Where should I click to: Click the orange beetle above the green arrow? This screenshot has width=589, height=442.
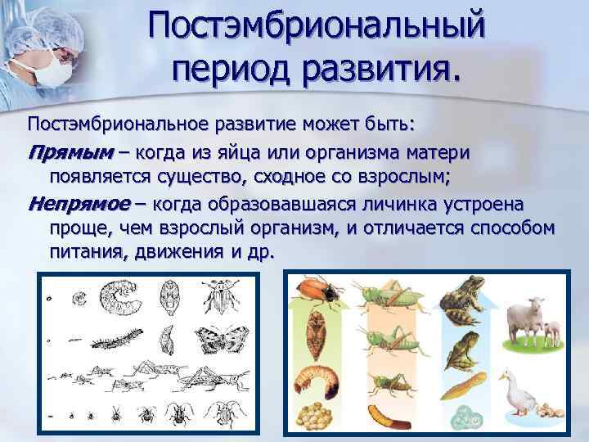tap(316, 291)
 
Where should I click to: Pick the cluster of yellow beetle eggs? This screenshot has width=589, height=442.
tap(317, 418)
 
